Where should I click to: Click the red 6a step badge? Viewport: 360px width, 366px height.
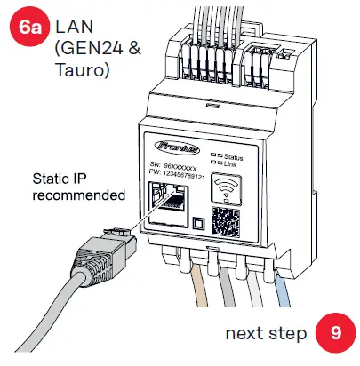(x=30, y=28)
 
